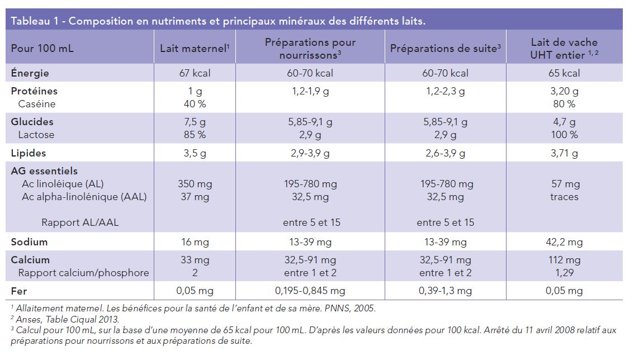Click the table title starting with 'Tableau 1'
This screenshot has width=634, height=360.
click(218, 21)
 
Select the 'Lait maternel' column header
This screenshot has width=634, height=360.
click(194, 48)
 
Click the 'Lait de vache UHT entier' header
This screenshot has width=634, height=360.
click(564, 48)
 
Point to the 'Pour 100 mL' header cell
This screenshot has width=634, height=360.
click(42, 48)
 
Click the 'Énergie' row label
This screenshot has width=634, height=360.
click(30, 73)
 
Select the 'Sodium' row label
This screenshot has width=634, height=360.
click(29, 242)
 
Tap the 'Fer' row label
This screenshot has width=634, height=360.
click(19, 291)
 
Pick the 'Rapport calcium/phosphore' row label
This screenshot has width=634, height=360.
click(83, 273)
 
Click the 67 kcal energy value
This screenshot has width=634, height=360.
click(194, 73)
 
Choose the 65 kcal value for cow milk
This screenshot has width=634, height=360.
click(564, 73)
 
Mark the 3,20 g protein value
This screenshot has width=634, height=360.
click(564, 91)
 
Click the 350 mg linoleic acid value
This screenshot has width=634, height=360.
click(194, 184)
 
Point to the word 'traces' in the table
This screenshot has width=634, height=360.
click(564, 197)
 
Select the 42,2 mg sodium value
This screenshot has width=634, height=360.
click(564, 242)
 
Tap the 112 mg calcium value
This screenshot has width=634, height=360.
click(564, 260)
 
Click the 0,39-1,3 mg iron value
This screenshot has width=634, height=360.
click(445, 291)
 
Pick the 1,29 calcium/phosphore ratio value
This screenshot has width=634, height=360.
click(564, 273)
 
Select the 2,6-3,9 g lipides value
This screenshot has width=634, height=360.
click(445, 153)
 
